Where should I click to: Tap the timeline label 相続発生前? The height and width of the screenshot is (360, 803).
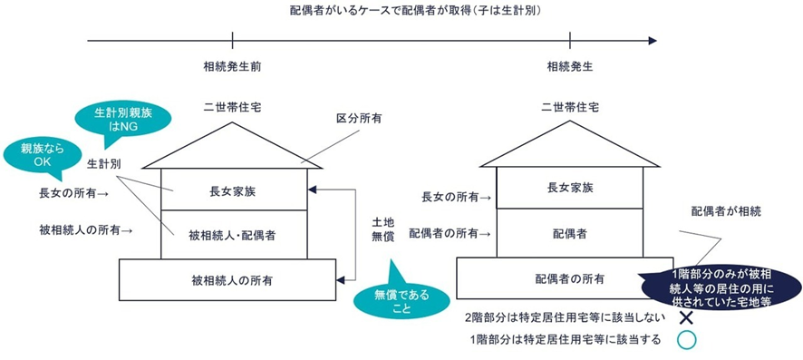(233, 66)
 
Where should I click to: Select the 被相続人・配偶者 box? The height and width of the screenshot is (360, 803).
(233, 234)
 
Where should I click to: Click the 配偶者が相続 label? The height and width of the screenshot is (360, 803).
(726, 210)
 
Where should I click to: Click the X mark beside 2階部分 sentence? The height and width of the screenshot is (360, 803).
(686, 317)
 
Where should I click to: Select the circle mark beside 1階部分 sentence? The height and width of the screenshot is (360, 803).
(686, 340)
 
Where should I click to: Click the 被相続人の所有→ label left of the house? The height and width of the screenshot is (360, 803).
(87, 231)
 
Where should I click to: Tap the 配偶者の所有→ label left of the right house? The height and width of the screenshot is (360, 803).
(450, 234)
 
